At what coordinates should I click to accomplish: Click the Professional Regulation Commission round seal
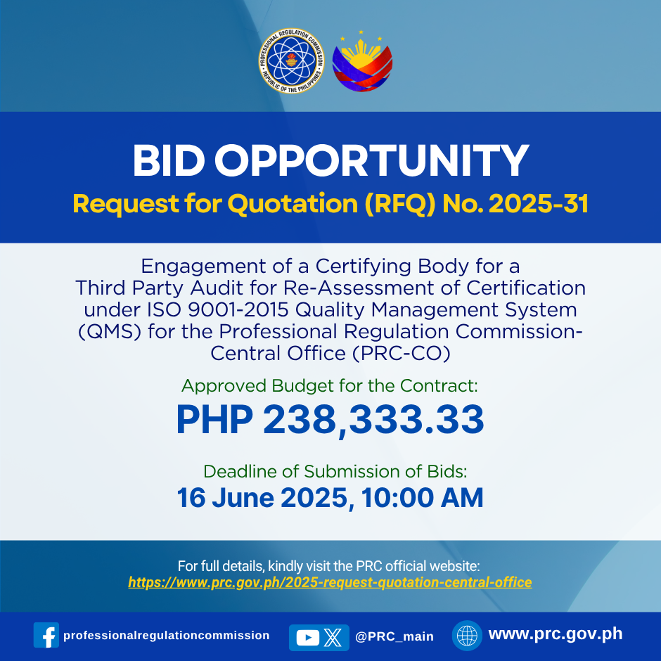point(291,60)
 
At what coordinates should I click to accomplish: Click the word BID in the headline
point(169,160)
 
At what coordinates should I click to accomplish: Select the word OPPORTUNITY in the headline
point(371,160)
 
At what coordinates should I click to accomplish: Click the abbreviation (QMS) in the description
point(110,332)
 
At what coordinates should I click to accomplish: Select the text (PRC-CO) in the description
point(401,353)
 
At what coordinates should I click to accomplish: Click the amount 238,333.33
point(373,419)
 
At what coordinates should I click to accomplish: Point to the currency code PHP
point(214,419)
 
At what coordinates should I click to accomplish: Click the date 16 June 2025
point(262,498)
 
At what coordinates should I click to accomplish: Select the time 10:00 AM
point(422,498)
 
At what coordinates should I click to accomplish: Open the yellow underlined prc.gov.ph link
point(330,582)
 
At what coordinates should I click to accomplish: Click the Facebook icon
point(46,635)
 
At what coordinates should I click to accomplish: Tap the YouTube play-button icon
point(308,637)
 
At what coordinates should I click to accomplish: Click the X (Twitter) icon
point(333,637)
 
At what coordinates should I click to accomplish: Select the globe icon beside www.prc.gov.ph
point(467,635)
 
